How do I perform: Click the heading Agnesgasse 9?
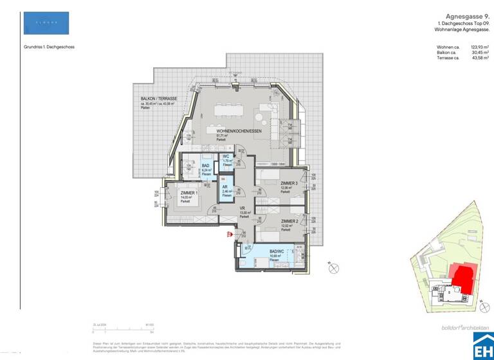point(468,17)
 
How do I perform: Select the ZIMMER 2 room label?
point(288,221)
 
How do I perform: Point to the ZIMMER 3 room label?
point(288,183)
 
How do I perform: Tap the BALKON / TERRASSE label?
point(159,98)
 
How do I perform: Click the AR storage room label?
point(226,187)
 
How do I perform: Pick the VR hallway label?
point(242,208)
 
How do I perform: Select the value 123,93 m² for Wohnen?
point(480,47)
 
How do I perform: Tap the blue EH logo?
point(482,345)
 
